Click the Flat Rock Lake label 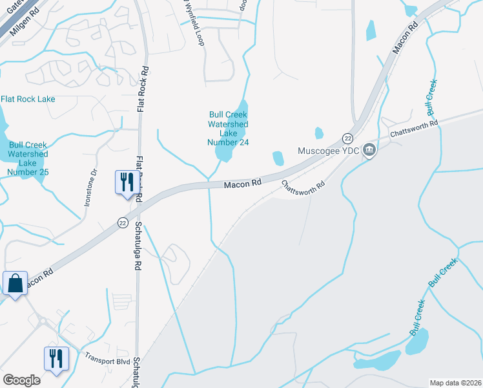pos(28,99)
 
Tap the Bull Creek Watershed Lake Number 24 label pos(228,128)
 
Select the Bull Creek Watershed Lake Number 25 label pos(27,158)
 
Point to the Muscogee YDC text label pos(327,151)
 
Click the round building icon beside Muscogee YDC pos(369,151)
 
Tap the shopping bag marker pos(15,284)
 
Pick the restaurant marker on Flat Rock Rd pos(125,182)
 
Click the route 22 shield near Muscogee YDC pos(347,139)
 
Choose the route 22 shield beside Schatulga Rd pos(123,222)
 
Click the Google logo pos(21,380)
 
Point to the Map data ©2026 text pos(455,383)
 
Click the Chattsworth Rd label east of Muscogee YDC pos(414,128)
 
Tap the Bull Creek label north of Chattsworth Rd pos(429,94)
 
